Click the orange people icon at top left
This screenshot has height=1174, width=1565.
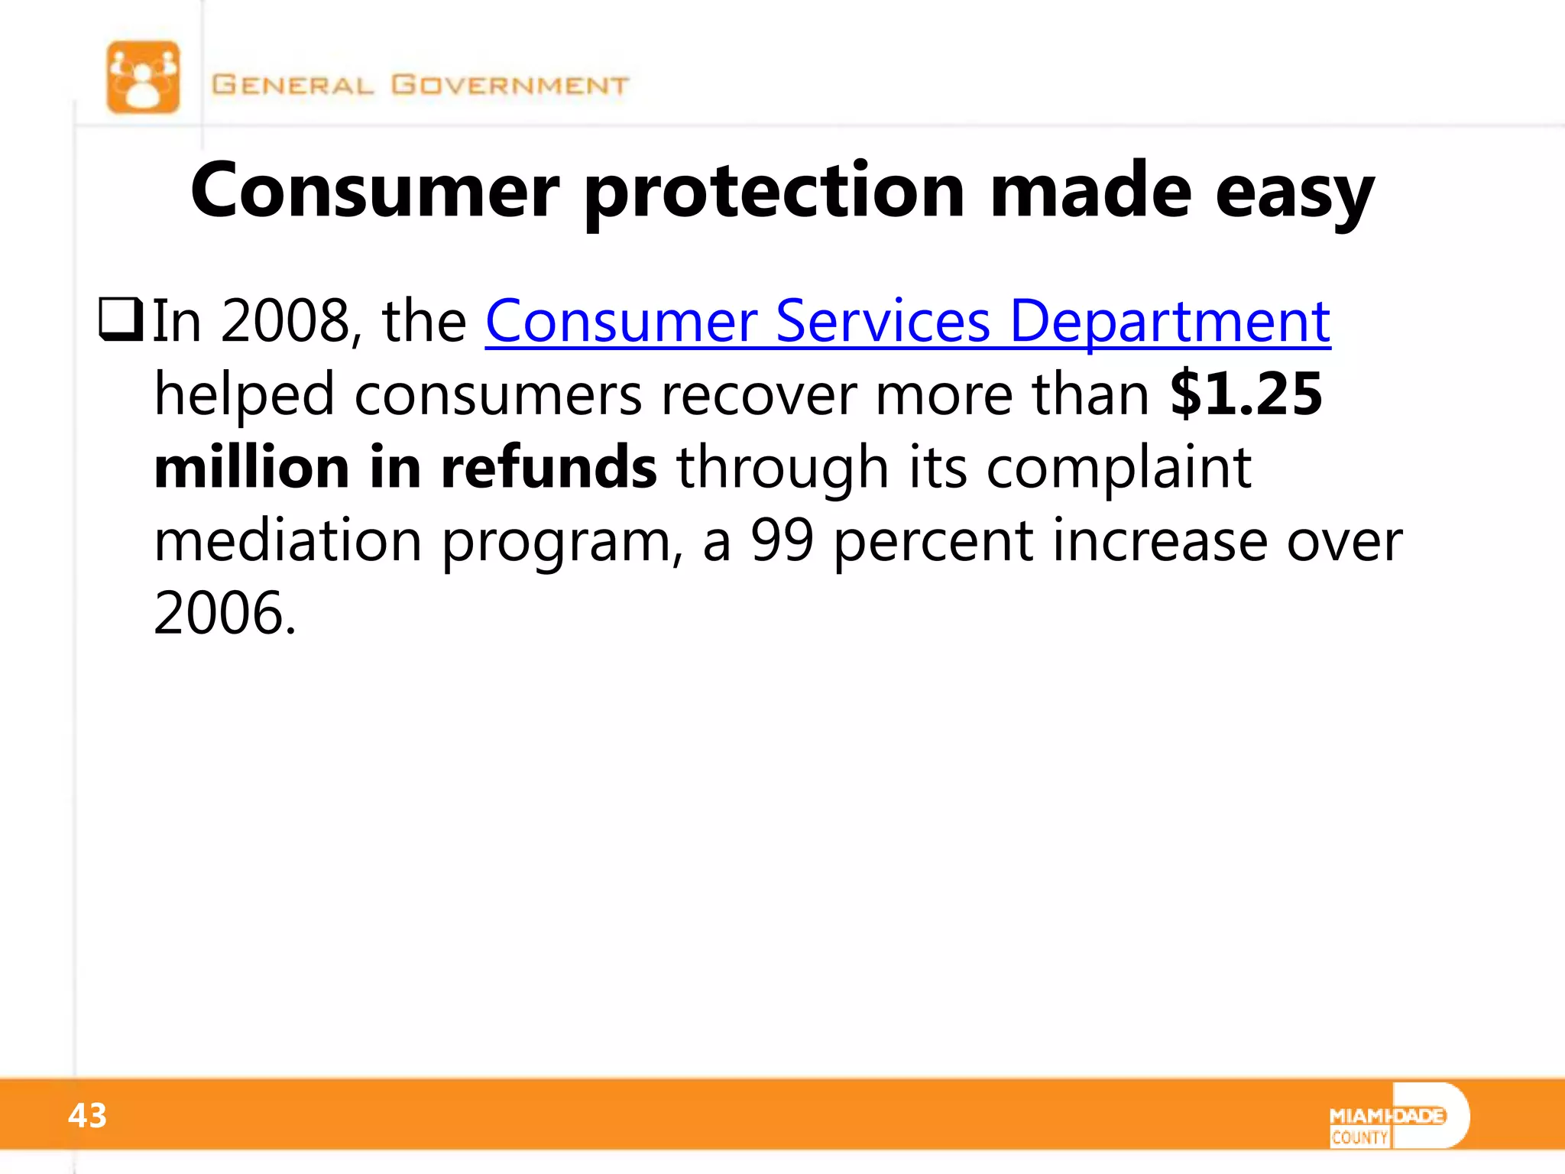pos(143,77)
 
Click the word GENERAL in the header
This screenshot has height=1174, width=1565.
pos(293,85)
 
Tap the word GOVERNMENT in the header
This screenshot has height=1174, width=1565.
pos(510,85)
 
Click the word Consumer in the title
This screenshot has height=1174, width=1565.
pos(374,191)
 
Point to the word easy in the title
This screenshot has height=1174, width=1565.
pos(1294,191)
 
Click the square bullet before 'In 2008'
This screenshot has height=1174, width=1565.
pos(121,320)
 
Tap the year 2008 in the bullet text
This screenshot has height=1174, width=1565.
pos(285,321)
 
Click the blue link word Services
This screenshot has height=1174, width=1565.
pos(883,321)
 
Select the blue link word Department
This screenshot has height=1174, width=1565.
pos(1170,321)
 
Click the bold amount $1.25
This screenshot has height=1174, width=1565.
pos(1246,394)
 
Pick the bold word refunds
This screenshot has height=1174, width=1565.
pos(548,467)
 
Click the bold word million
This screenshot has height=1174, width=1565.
pos(251,467)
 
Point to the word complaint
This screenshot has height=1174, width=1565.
pos(1119,467)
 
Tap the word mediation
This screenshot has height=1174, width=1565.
pos(288,540)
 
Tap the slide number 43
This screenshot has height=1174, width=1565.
pos(87,1116)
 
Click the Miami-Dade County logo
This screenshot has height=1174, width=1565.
pos(1398,1117)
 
